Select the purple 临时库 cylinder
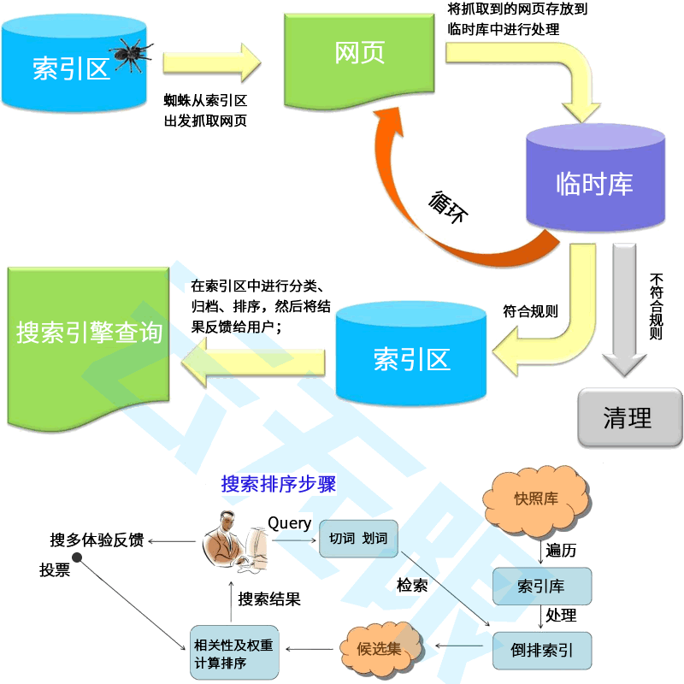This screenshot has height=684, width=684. point(595,181)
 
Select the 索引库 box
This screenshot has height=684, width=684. point(541,587)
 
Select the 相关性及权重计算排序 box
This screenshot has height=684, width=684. point(233,652)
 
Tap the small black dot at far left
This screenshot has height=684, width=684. point(77,558)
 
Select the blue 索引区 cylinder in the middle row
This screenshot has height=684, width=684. point(410,357)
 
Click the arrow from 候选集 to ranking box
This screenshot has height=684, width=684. point(312,649)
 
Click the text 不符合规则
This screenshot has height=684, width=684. point(657,306)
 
